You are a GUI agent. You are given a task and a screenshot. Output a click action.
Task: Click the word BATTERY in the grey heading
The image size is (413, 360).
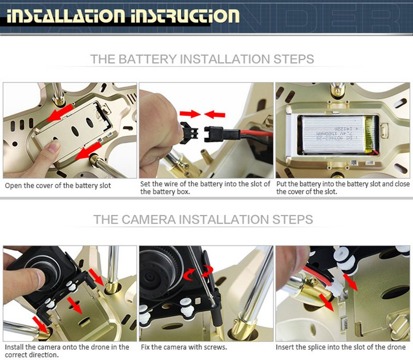(x=147, y=59)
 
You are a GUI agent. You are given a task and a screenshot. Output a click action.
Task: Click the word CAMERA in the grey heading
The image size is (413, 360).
(x=149, y=220)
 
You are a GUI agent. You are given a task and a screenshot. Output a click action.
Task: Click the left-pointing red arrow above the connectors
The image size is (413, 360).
(x=215, y=115)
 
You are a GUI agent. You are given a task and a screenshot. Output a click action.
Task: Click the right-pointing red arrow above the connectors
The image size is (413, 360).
(x=190, y=114)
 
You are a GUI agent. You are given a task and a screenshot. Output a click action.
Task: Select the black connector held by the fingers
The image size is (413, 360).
(x=189, y=133)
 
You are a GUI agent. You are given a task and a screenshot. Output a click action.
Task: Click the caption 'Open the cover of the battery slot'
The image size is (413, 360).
(x=58, y=186)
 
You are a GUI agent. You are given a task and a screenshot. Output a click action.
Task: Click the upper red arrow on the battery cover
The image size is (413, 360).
(x=60, y=113)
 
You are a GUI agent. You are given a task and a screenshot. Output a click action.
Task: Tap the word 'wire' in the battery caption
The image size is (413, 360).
(x=170, y=184)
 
